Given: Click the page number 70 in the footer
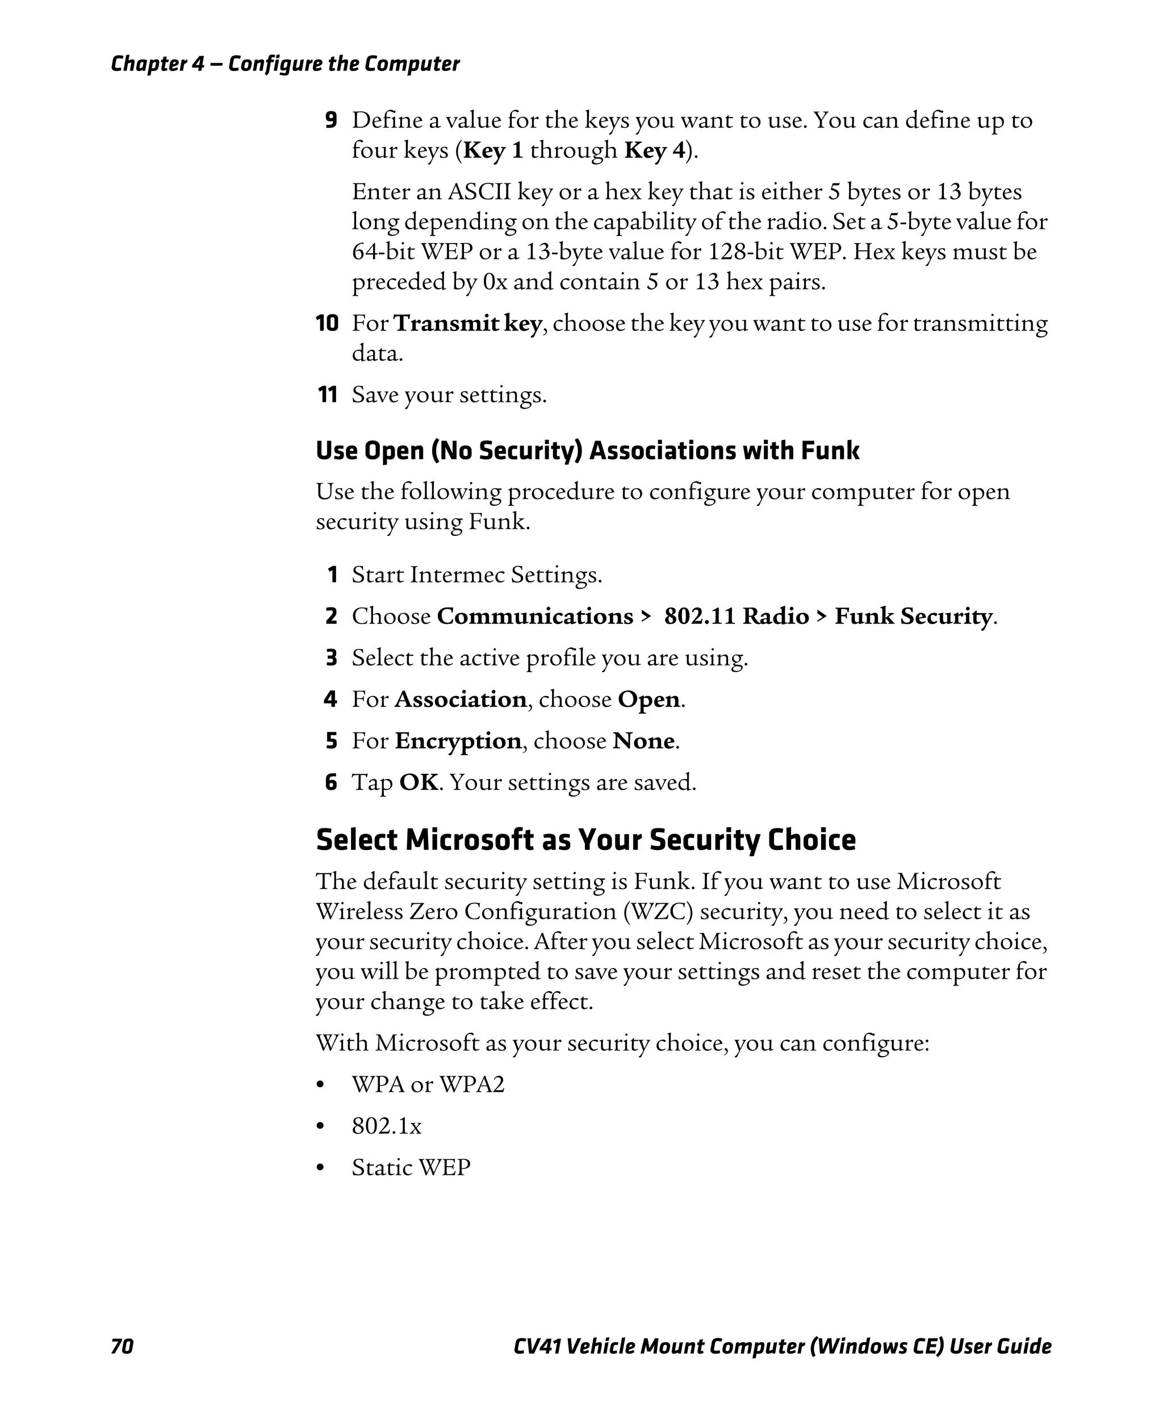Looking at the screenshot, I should (x=122, y=1346).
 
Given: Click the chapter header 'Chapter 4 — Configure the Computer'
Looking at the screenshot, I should (x=285, y=64).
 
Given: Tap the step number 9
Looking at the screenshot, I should (x=331, y=120).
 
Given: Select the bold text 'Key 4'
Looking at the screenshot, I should (x=655, y=150).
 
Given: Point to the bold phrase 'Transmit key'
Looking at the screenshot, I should (x=467, y=324).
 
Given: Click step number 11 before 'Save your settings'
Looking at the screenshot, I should (x=328, y=395).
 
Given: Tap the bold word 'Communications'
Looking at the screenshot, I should (x=534, y=616).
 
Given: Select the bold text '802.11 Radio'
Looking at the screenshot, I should (x=737, y=616).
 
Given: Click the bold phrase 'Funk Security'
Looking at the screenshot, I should (x=913, y=616).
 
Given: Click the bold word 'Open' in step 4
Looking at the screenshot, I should (x=649, y=699).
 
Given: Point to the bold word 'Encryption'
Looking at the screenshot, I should (x=458, y=741).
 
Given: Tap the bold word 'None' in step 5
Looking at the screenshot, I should (x=644, y=741).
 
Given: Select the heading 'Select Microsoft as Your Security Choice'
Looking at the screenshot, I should (x=585, y=840).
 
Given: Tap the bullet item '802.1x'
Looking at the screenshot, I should (x=387, y=1126).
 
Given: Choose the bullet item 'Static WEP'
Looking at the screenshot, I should (x=411, y=1167).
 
